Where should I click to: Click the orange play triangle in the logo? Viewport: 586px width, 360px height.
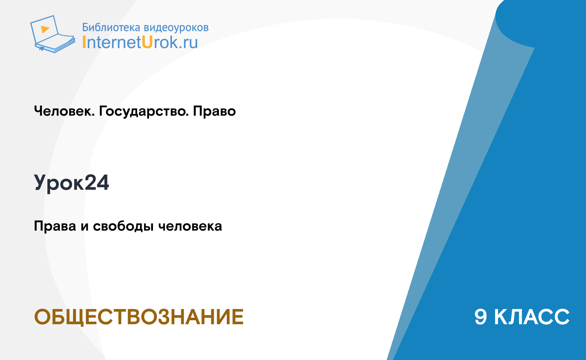click(45, 29)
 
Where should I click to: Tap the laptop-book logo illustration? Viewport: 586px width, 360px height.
click(53, 34)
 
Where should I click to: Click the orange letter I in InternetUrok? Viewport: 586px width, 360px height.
click(84, 42)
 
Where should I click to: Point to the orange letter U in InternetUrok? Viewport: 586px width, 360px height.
click(147, 42)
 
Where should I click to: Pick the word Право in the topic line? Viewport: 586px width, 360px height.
click(214, 111)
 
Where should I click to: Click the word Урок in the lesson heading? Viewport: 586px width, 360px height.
click(59, 183)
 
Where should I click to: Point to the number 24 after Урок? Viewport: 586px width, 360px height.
click(97, 183)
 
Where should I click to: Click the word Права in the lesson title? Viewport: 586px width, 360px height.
click(55, 226)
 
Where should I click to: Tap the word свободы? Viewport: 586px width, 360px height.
click(123, 226)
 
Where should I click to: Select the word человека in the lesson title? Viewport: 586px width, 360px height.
click(190, 226)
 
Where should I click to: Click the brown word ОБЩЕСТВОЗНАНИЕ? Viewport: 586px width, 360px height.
click(139, 317)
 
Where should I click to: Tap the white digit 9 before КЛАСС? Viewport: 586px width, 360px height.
click(481, 317)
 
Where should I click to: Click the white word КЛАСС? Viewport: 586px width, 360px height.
click(532, 317)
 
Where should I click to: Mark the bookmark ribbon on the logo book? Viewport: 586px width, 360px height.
click(41, 49)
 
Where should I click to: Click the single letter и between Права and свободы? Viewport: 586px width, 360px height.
click(85, 227)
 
